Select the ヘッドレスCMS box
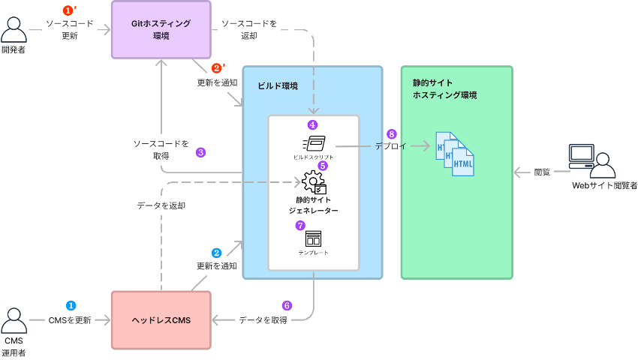point(161,320)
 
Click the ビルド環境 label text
point(278,86)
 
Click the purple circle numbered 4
point(312,124)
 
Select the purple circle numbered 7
point(300,225)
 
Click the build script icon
point(313,142)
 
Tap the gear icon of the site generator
point(313,182)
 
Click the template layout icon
point(313,239)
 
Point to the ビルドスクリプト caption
point(313,157)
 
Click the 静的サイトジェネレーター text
point(313,205)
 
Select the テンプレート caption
point(313,253)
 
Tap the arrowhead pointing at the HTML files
point(427,147)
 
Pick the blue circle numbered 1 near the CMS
point(71,306)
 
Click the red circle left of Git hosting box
point(69,10)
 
